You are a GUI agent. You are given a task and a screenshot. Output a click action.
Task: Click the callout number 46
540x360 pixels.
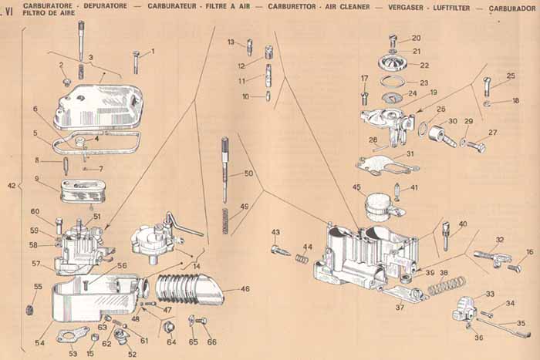pos(245,290)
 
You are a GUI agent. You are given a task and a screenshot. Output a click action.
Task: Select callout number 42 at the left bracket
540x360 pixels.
pos(11,186)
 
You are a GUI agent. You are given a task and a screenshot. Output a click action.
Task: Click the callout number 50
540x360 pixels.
pos(248,174)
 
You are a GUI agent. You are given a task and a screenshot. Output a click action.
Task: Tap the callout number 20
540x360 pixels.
pos(416,38)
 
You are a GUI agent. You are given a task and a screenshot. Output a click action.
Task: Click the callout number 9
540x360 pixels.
pos(36,179)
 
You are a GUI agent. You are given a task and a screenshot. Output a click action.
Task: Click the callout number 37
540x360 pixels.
pos(400,307)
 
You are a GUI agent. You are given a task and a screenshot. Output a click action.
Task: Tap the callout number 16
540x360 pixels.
pos(529,252)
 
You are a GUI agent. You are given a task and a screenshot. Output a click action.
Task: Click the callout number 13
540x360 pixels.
pos(231,42)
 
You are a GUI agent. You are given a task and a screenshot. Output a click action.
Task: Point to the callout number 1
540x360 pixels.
pos(152,52)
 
